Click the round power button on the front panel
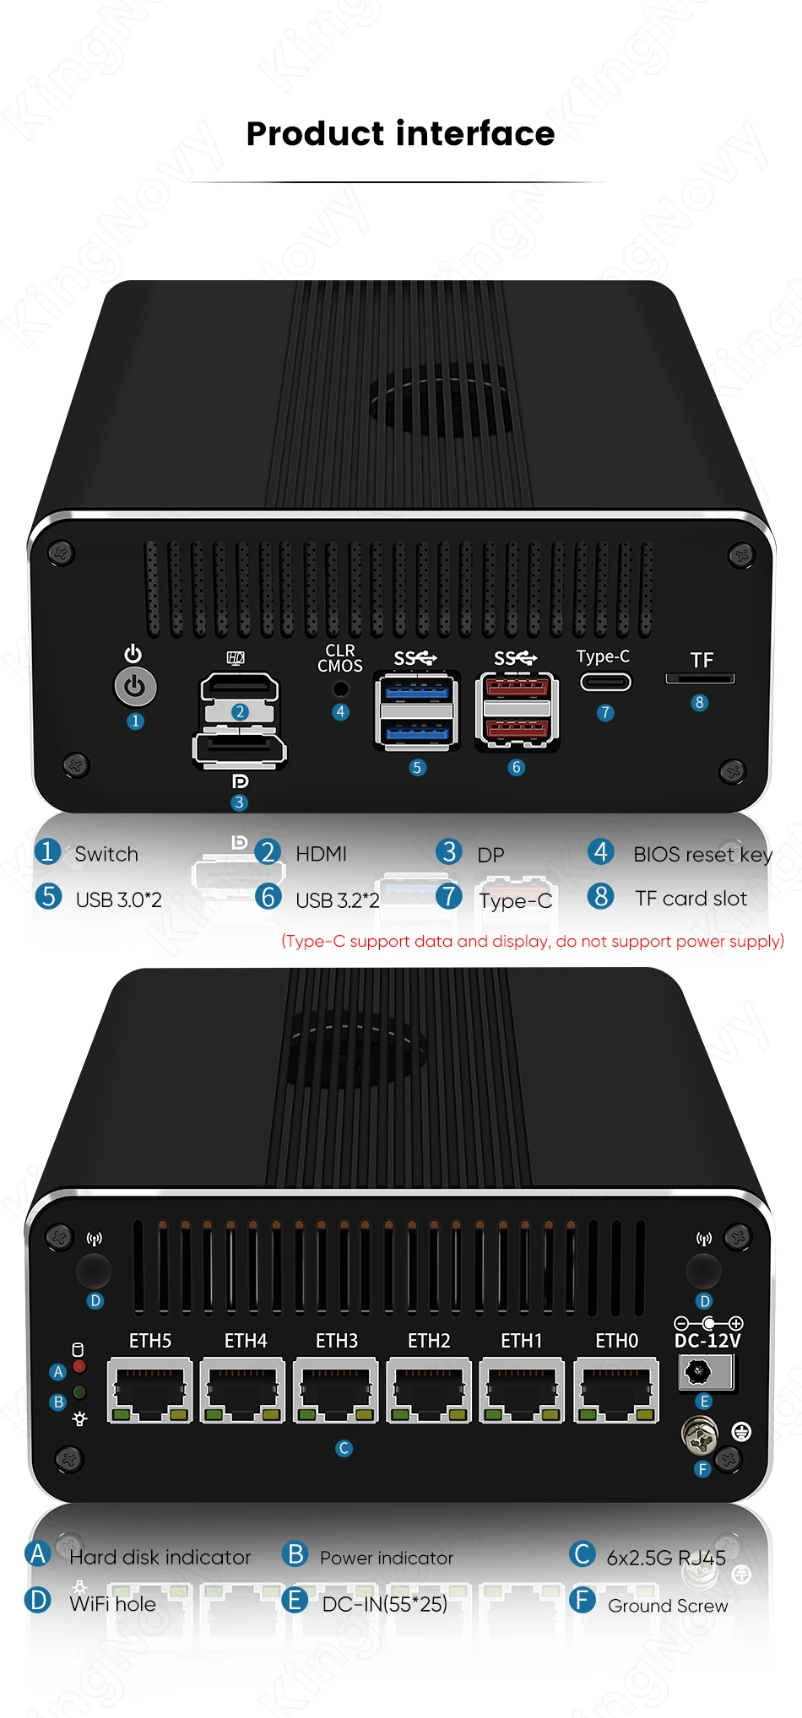coord(135,687)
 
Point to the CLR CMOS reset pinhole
coord(341,688)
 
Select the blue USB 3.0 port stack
coord(417,710)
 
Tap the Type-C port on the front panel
coord(605,681)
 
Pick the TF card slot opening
coord(700,678)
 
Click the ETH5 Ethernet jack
coord(150,1391)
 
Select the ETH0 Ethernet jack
coord(616,1391)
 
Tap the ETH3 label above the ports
coord(337,1341)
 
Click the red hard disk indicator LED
coord(79,1366)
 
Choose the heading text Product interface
coord(401,133)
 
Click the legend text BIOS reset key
coord(702,855)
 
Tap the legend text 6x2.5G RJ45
coord(666,1558)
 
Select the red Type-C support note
coord(532,941)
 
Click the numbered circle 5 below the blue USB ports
coord(417,768)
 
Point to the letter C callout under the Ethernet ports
coord(344,1448)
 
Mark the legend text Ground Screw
coord(668,1606)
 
